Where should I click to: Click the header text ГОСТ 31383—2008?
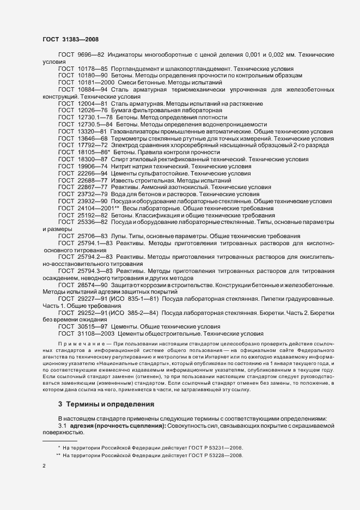(70, 39)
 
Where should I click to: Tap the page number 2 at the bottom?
(44, 467)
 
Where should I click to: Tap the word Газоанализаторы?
(136, 131)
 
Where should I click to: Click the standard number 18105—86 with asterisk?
(93, 153)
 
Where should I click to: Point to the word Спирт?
(120, 160)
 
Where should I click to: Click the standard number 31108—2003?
(94, 333)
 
